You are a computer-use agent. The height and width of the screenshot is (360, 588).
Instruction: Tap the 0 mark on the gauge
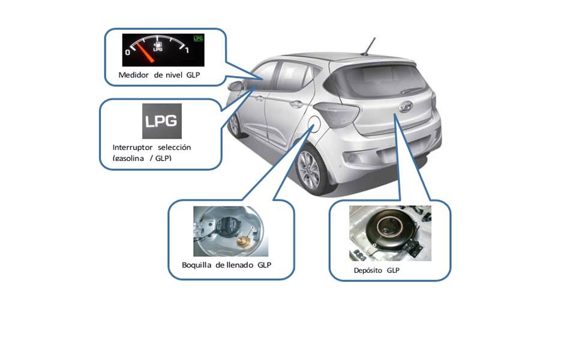127,53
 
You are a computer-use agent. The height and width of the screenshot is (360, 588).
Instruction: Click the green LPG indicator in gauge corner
198,38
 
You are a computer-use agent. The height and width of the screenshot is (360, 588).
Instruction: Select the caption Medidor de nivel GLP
159,75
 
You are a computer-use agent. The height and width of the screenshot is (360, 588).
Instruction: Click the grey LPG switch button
161,121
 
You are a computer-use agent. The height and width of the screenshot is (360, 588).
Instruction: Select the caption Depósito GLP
376,271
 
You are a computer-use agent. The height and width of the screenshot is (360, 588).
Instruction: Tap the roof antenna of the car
367,47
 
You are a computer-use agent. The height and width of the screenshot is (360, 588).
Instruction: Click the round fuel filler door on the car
312,125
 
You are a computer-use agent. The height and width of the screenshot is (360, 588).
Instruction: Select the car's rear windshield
379,80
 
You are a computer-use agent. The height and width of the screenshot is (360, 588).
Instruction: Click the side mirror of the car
235,85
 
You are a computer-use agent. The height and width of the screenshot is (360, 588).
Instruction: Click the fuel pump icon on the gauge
158,44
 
